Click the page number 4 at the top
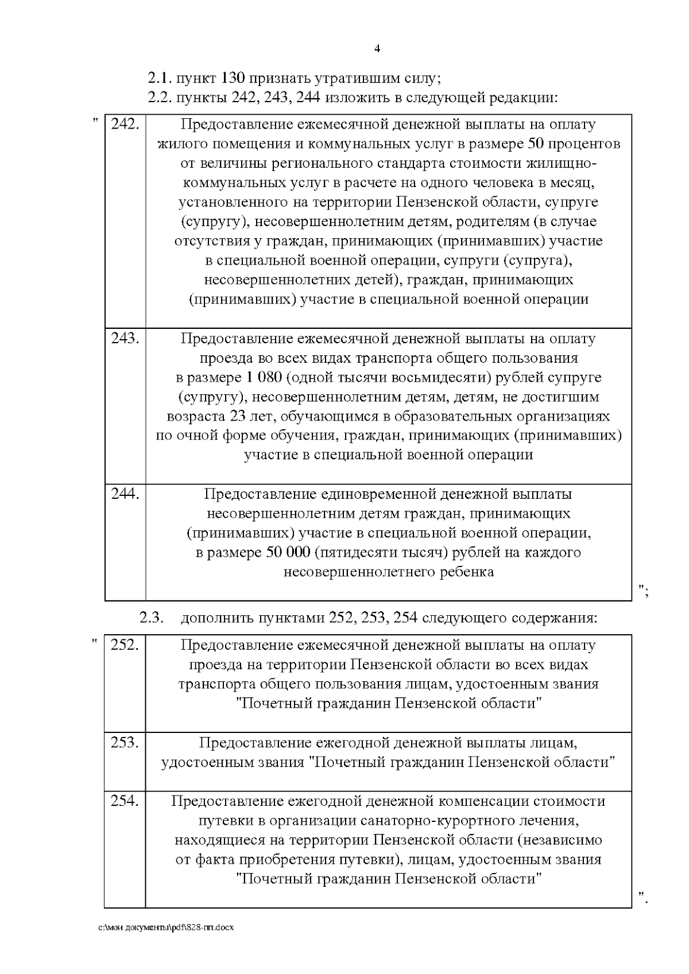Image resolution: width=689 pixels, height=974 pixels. pyautogui.click(x=377, y=48)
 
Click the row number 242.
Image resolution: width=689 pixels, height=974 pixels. pyautogui.click(x=125, y=124)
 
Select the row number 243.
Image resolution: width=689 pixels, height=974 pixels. pyautogui.click(x=125, y=338)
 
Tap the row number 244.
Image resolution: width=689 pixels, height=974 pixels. pyautogui.click(x=125, y=494)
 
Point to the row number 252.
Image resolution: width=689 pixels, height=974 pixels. pyautogui.click(x=125, y=645)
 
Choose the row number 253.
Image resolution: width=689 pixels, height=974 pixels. pyautogui.click(x=125, y=742)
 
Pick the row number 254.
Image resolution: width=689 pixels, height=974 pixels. pyautogui.click(x=125, y=801)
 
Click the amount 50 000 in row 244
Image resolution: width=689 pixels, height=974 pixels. pyautogui.click(x=289, y=552)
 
